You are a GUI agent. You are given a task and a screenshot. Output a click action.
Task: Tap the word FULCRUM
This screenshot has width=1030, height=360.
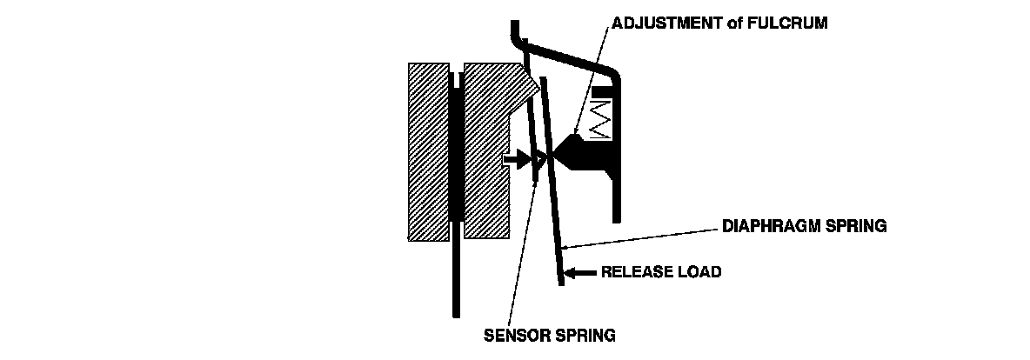coord(792,24)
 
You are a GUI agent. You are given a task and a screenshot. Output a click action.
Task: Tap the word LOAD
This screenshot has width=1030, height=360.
coord(700,272)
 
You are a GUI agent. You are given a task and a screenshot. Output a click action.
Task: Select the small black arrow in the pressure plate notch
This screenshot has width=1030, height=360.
coord(518,158)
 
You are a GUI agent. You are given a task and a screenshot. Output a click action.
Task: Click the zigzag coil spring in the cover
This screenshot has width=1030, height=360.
coord(601,117)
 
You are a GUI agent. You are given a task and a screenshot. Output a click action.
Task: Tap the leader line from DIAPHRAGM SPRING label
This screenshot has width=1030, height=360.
coord(644,237)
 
